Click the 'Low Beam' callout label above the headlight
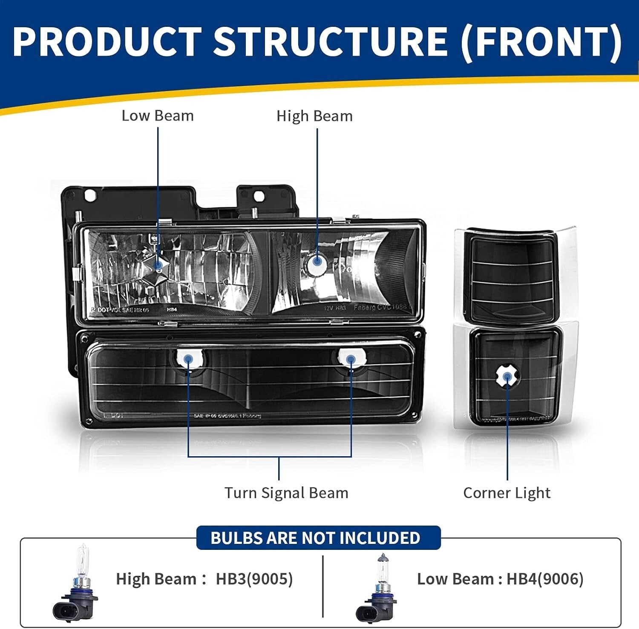[x=157, y=116]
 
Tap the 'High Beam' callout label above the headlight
[x=314, y=116]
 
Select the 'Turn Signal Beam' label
[x=286, y=493]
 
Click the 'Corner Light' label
[x=507, y=493]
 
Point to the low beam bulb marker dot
[x=158, y=265]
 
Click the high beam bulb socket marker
[x=317, y=261]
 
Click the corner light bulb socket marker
[x=507, y=377]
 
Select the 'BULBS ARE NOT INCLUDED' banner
[x=316, y=538]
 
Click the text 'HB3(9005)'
[x=254, y=579]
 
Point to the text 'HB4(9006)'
[x=545, y=579]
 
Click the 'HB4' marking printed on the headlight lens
[x=172, y=309]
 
